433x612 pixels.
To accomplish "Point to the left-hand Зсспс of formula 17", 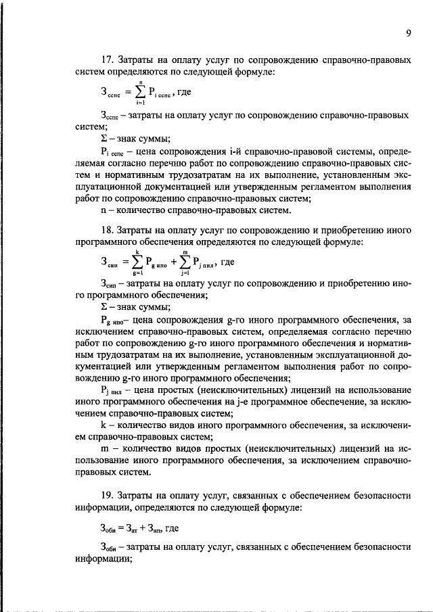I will [110, 92].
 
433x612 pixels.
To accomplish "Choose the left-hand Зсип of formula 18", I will [110, 263].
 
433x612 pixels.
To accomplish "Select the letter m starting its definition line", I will [102, 451].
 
